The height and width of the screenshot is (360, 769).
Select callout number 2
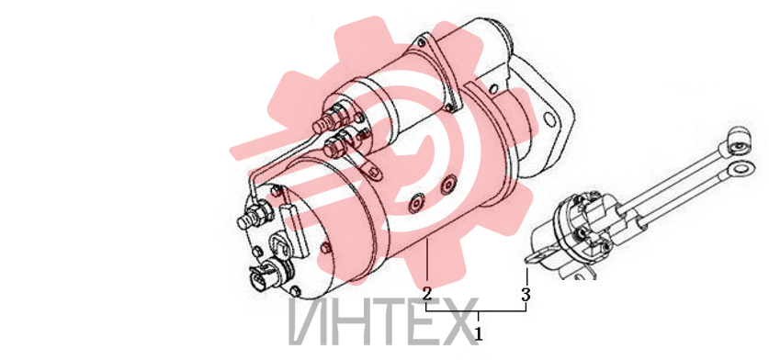tap(427, 295)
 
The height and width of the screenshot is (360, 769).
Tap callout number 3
tap(526, 295)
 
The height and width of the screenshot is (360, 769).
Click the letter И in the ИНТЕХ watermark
tap(307, 321)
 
